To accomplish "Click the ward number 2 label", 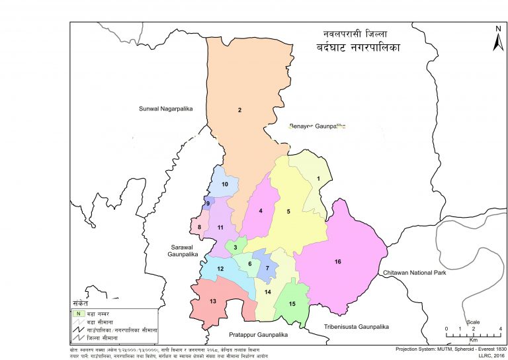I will point(239,110).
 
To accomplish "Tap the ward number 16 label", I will point(337,262).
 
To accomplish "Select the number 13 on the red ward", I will point(212,302).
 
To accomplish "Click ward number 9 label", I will point(208,204).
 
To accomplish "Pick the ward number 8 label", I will point(199,228).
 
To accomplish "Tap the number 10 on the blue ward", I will point(225,184).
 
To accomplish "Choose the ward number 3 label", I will point(235,247).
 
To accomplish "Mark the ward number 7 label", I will point(267,268).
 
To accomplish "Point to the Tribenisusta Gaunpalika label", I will point(357,327).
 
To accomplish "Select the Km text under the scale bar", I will point(473,339).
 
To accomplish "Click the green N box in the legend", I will point(78,312).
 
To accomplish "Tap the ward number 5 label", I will point(288,212).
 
